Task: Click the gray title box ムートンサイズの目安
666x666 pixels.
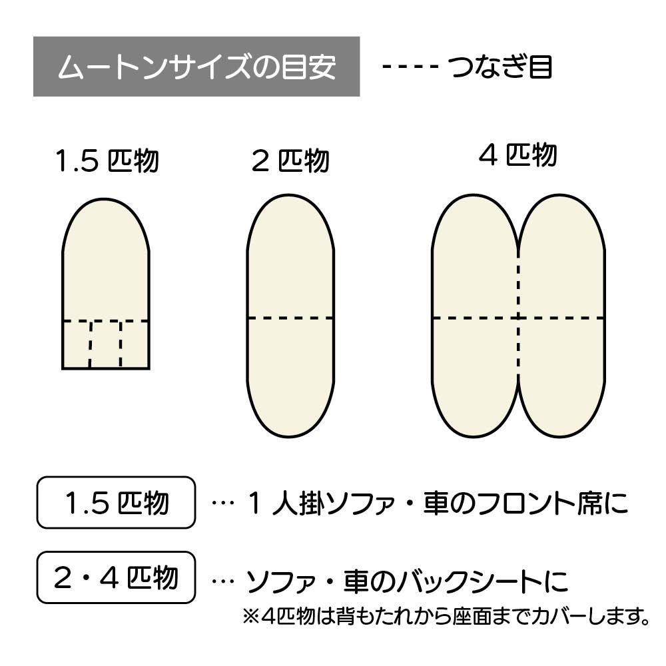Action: [196, 67]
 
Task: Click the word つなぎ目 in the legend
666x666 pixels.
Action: [500, 67]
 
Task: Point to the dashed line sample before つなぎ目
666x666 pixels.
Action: [411, 67]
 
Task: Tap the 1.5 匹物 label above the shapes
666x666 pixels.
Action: [107, 161]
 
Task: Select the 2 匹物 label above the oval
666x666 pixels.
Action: [290, 161]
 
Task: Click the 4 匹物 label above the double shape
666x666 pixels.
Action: [517, 155]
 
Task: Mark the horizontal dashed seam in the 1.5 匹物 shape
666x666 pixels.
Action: [106, 321]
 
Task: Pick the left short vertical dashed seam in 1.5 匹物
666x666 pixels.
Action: [90, 344]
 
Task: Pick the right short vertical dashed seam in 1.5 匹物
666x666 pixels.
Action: [121, 344]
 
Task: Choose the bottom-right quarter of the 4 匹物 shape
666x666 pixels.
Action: [561, 373]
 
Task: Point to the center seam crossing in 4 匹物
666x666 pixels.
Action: [518, 318]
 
